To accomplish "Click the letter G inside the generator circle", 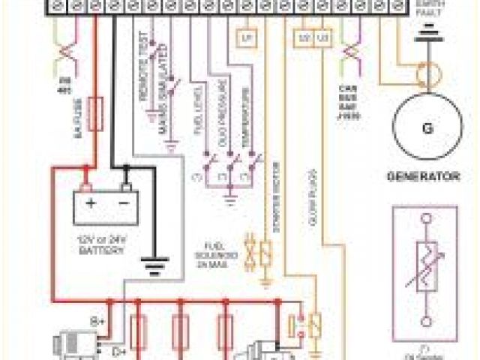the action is tap(427, 127).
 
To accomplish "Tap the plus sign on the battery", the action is tap(90, 203).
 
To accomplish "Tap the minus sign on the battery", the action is tap(124, 203).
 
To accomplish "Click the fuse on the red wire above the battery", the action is tap(96, 112).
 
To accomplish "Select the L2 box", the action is tap(304, 36).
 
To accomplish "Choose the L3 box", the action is tap(322, 36).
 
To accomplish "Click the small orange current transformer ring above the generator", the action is tap(428, 76).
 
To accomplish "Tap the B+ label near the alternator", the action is tap(97, 320).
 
